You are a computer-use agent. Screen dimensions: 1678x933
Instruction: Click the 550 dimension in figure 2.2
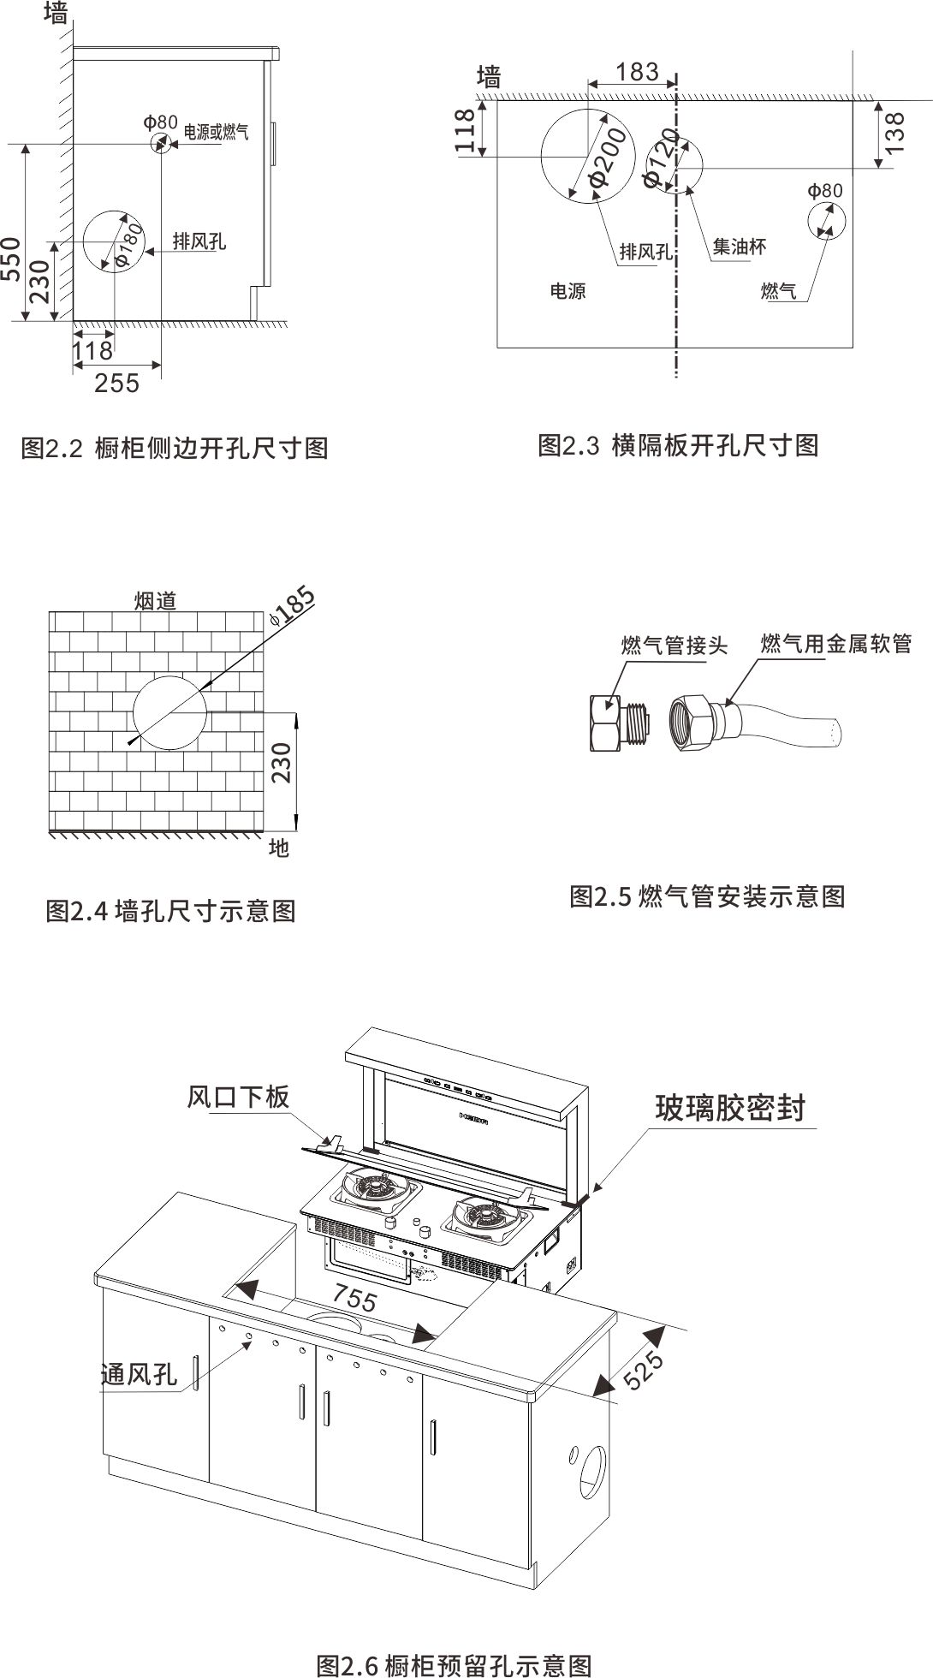point(11,259)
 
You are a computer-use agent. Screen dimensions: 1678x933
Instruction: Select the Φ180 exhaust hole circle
point(115,240)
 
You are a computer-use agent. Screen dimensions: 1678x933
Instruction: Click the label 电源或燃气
point(217,132)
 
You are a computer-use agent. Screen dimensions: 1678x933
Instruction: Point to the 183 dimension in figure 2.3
point(637,72)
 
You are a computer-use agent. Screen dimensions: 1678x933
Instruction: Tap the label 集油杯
point(739,247)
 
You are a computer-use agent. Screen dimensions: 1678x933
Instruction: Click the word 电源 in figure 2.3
point(568,292)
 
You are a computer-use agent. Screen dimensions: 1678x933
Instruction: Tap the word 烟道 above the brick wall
point(155,600)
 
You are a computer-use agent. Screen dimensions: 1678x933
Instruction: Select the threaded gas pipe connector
point(619,721)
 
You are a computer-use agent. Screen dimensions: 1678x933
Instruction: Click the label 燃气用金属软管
point(835,643)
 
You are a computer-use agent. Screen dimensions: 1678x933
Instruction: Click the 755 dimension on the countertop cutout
point(354,1298)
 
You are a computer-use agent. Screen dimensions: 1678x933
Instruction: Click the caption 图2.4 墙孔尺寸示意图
point(170,910)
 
